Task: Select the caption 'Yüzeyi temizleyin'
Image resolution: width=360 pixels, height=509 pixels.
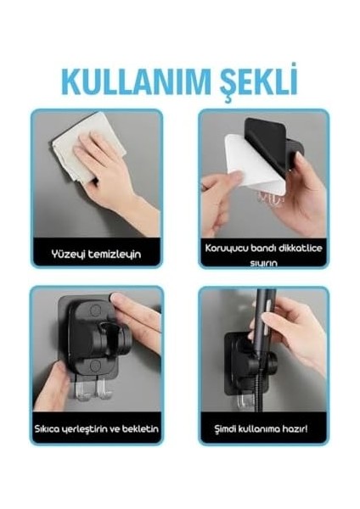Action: point(94,252)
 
